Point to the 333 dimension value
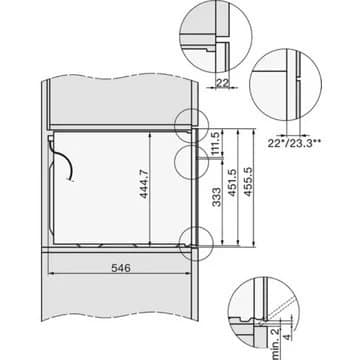[216, 197]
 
